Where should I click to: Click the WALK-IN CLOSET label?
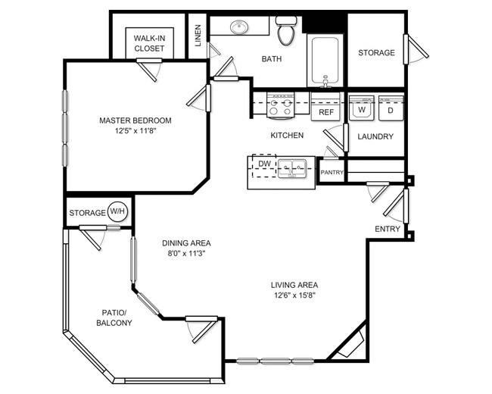coord(149,43)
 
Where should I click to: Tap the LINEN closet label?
coord(198,36)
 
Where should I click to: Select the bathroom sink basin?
coord(240,28)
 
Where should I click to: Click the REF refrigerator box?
coord(326,111)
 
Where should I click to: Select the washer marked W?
coord(362,108)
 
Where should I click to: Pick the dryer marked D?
coord(391,108)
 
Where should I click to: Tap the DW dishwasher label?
coord(264,164)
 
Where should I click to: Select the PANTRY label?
coord(332,173)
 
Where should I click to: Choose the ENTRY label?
coord(387,229)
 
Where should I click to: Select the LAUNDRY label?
coord(375,136)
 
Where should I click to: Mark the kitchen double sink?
coord(291,167)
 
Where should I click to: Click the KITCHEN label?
coord(288,136)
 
